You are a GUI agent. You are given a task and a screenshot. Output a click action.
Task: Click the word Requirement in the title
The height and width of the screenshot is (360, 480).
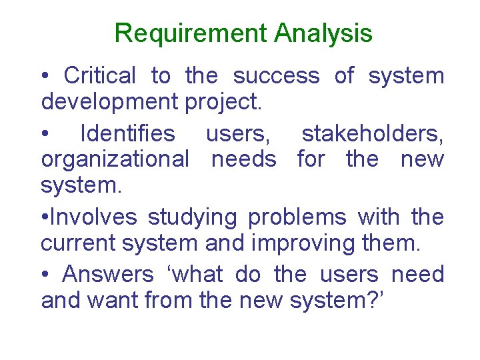191,33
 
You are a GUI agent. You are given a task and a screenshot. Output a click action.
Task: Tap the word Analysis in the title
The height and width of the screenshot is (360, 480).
323,33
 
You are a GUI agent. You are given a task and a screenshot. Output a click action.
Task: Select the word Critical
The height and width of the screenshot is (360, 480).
100,76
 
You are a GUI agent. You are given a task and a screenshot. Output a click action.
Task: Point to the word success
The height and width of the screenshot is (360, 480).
276,76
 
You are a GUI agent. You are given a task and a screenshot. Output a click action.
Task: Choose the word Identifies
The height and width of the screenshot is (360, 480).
127,134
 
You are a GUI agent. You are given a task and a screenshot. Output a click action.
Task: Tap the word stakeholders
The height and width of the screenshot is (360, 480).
373,134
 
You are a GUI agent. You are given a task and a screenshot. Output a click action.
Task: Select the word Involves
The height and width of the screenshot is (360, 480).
94,217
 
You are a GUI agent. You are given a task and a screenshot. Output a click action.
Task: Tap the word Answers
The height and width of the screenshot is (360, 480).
107,274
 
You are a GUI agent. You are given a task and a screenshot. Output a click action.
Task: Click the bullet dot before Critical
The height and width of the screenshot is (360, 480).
45,77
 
